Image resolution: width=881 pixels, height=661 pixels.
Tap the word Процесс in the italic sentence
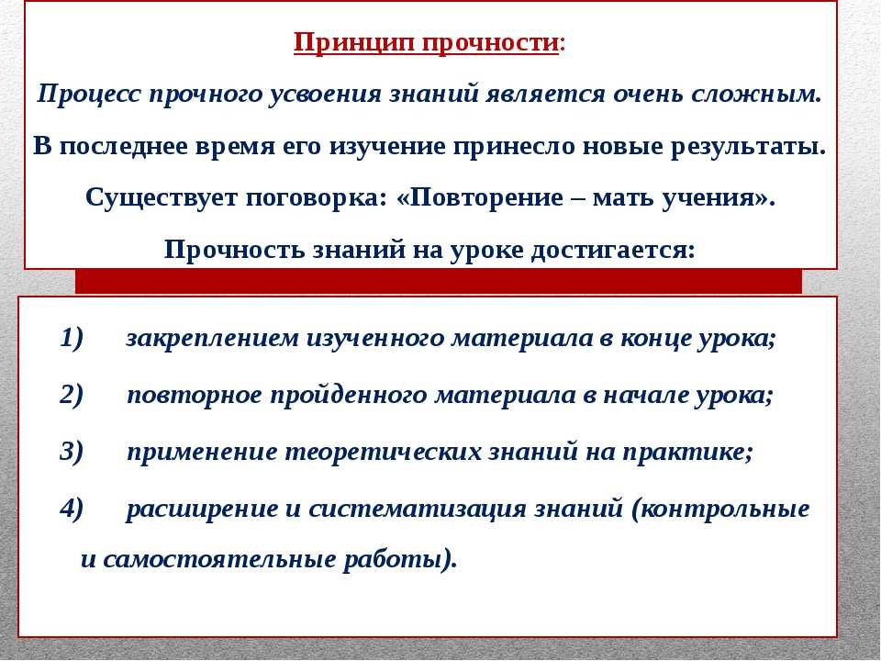(89, 94)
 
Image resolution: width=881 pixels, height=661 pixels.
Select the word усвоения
(325, 94)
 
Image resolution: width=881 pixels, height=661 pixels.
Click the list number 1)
(72, 338)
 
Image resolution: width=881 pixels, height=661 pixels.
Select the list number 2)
(72, 395)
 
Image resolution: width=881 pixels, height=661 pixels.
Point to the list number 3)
(72, 452)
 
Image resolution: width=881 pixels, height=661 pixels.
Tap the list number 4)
(72, 508)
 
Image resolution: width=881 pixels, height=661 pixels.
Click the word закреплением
(212, 339)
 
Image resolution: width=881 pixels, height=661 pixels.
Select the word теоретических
(384, 453)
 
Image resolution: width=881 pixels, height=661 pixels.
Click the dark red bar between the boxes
(439, 281)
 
